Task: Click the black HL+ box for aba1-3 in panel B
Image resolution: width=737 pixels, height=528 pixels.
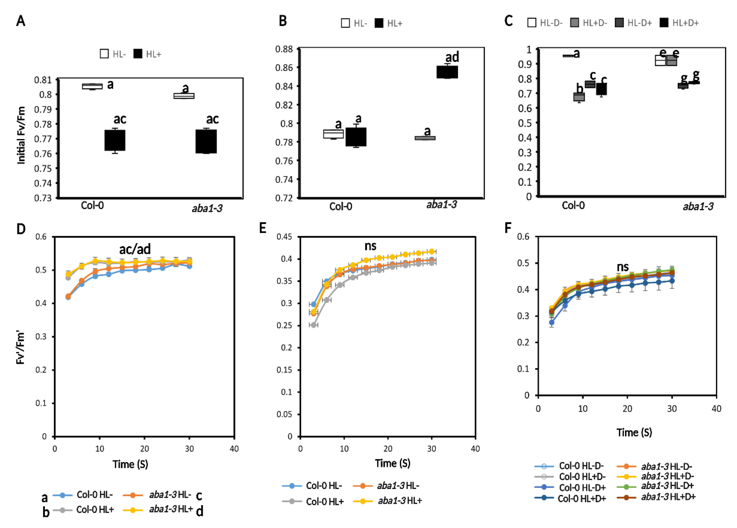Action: click(x=447, y=72)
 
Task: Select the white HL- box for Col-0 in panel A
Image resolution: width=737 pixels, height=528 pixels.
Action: click(x=92, y=86)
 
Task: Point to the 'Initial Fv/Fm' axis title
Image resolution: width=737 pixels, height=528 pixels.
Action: click(x=21, y=135)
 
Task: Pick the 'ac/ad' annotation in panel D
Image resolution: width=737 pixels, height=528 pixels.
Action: click(x=135, y=249)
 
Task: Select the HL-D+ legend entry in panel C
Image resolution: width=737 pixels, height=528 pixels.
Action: click(x=634, y=23)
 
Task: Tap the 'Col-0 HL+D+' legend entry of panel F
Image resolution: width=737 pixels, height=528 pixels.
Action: click(x=570, y=498)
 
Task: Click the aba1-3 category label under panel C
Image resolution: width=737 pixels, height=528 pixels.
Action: click(x=698, y=207)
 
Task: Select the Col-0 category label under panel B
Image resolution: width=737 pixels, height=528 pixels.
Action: click(x=340, y=207)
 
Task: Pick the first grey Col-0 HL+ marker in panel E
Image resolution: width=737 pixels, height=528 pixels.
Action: click(x=314, y=325)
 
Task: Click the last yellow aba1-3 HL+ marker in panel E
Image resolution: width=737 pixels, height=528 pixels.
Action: click(x=432, y=251)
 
